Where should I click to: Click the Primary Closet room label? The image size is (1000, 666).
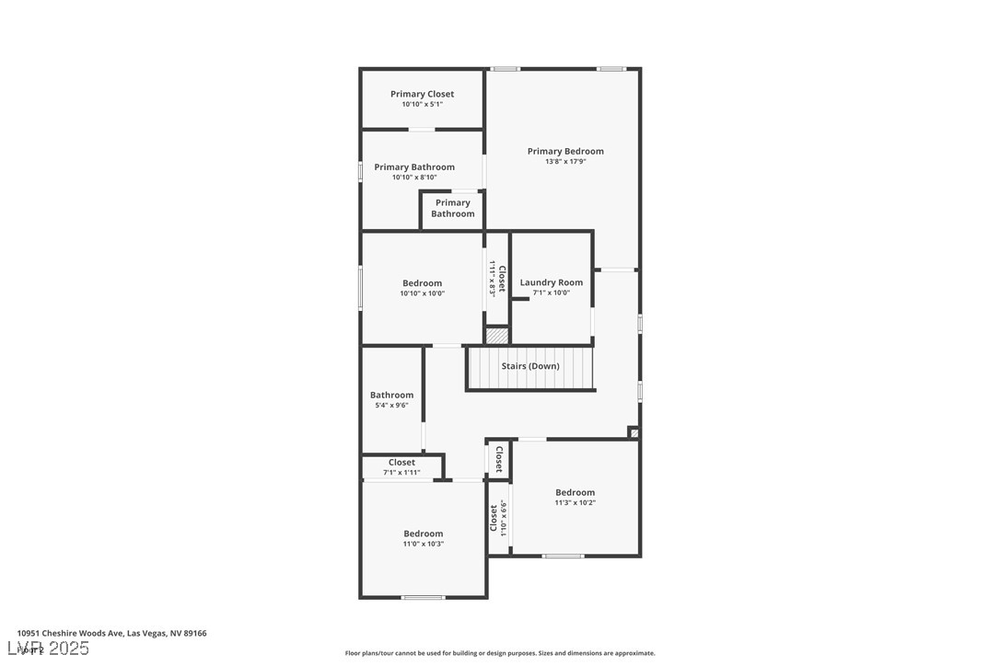coord(422,94)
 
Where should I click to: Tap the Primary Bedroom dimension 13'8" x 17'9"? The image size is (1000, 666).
coord(565,162)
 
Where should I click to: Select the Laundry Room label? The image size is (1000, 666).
coord(551,282)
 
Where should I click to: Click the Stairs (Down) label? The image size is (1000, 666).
coord(529,366)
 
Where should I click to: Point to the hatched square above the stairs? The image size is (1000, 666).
coord(497,336)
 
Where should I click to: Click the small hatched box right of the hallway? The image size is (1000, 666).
coord(634,432)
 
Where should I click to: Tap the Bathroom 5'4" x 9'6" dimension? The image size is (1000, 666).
coord(391,406)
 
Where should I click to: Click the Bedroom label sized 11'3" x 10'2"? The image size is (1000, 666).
coord(575,492)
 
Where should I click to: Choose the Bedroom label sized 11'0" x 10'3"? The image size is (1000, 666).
coord(423,534)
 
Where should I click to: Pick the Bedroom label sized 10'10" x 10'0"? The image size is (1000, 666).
coord(422,283)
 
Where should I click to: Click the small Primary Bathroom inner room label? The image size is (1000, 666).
coord(452,208)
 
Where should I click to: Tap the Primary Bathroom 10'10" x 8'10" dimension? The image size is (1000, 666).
coord(414,178)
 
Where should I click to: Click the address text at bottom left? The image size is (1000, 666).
coord(111,633)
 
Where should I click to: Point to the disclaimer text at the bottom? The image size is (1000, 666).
coord(500,653)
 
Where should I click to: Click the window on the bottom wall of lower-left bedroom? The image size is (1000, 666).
coord(423,598)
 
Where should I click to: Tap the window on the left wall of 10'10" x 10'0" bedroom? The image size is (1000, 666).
coord(360,287)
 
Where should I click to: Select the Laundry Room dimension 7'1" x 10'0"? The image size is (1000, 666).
coord(551,293)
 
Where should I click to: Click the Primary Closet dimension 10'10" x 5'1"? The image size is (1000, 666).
coord(422,105)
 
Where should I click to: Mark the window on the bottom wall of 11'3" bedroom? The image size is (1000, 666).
coord(562,556)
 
